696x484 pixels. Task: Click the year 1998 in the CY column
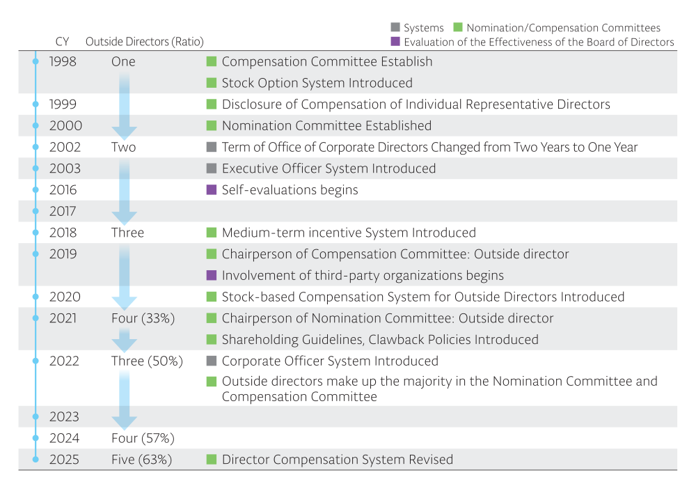[x=63, y=62]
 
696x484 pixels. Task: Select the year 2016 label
[x=63, y=190]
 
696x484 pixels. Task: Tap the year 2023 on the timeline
[x=64, y=417]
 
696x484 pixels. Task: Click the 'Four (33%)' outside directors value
[x=143, y=318]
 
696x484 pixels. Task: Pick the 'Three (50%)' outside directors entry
[x=147, y=361]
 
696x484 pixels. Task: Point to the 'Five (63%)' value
[x=141, y=460]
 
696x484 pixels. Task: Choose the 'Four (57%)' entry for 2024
[x=143, y=438]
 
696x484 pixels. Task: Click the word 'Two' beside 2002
[x=123, y=148]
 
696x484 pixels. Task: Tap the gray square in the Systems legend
[x=395, y=27]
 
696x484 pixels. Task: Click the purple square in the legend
[x=395, y=42]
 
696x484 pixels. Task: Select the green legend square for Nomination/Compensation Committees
[x=458, y=27]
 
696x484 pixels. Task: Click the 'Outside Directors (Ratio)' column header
[x=145, y=42]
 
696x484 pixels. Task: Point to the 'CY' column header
[x=62, y=42]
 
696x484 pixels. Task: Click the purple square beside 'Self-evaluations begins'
[x=212, y=190]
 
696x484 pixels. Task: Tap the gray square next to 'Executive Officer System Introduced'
[x=212, y=169]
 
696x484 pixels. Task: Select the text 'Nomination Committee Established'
[x=326, y=126]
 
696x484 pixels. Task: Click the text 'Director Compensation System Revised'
[x=338, y=460]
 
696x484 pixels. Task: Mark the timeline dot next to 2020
[x=35, y=297]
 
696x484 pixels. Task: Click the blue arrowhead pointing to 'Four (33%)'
[x=125, y=303]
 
